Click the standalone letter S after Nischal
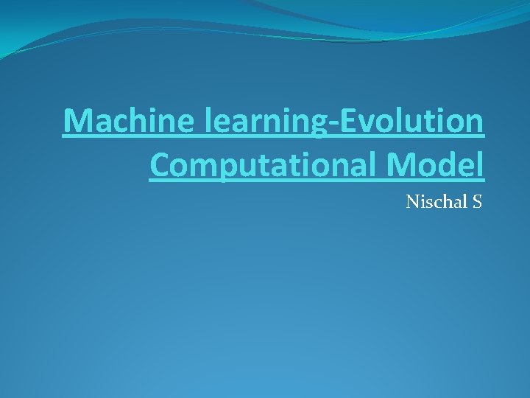pyautogui.click(x=476, y=201)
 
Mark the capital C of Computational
pyautogui.click(x=160, y=165)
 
